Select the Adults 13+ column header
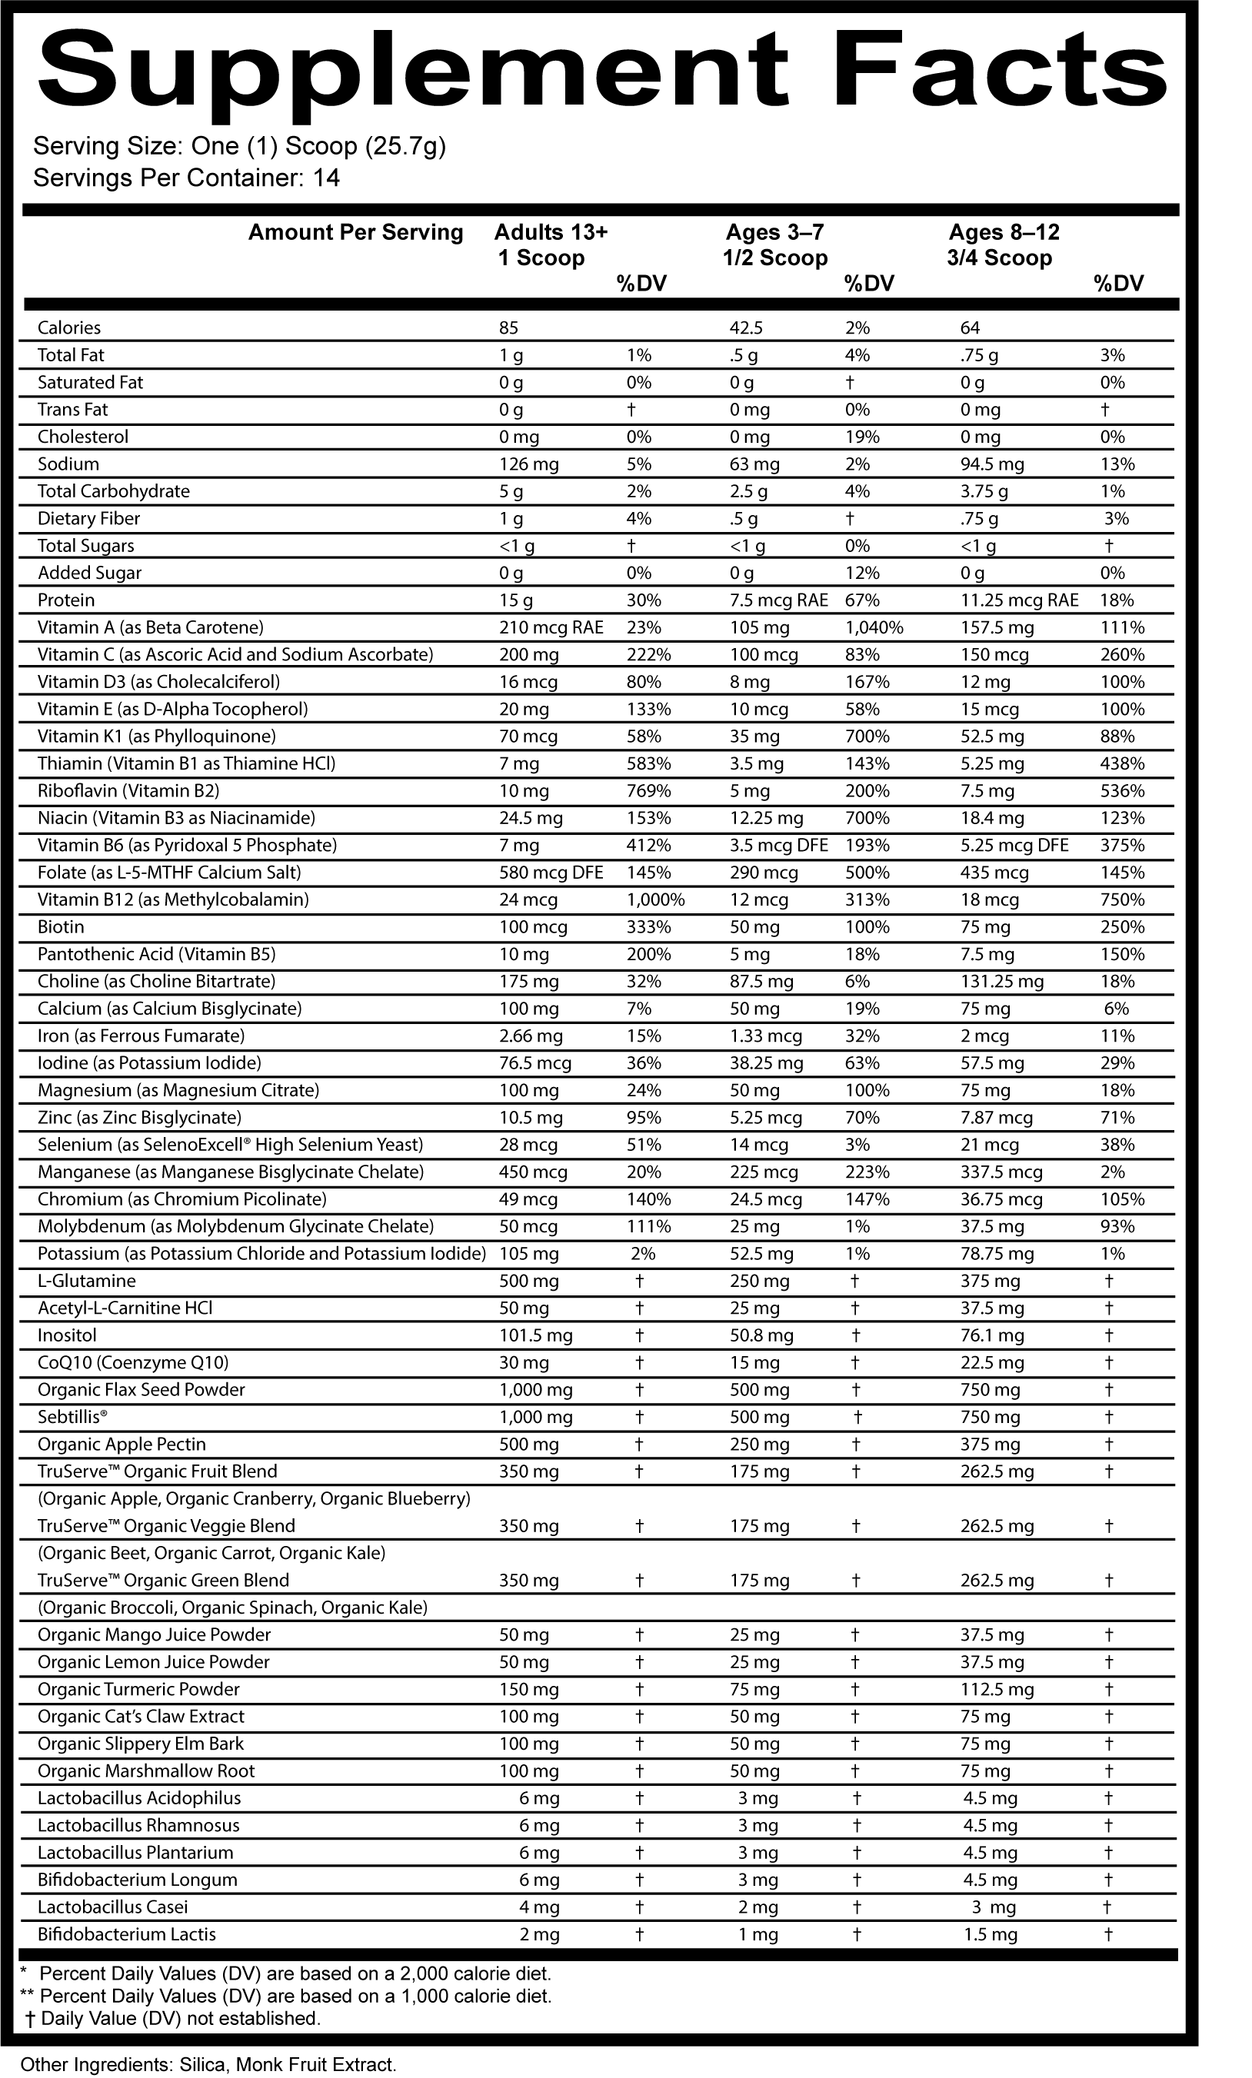click(550, 233)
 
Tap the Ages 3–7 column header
click(774, 233)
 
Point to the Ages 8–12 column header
click(1003, 233)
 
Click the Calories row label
click(69, 328)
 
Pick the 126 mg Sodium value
click(528, 464)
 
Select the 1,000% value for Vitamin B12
click(654, 899)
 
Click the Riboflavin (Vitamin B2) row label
click(128, 791)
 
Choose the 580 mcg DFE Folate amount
click(551, 873)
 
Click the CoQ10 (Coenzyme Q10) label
click(133, 1363)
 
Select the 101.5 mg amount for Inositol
click(536, 1336)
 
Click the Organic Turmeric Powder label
click(138, 1689)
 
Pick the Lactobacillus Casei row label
click(113, 1907)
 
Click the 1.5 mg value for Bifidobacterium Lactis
click(990, 1935)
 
